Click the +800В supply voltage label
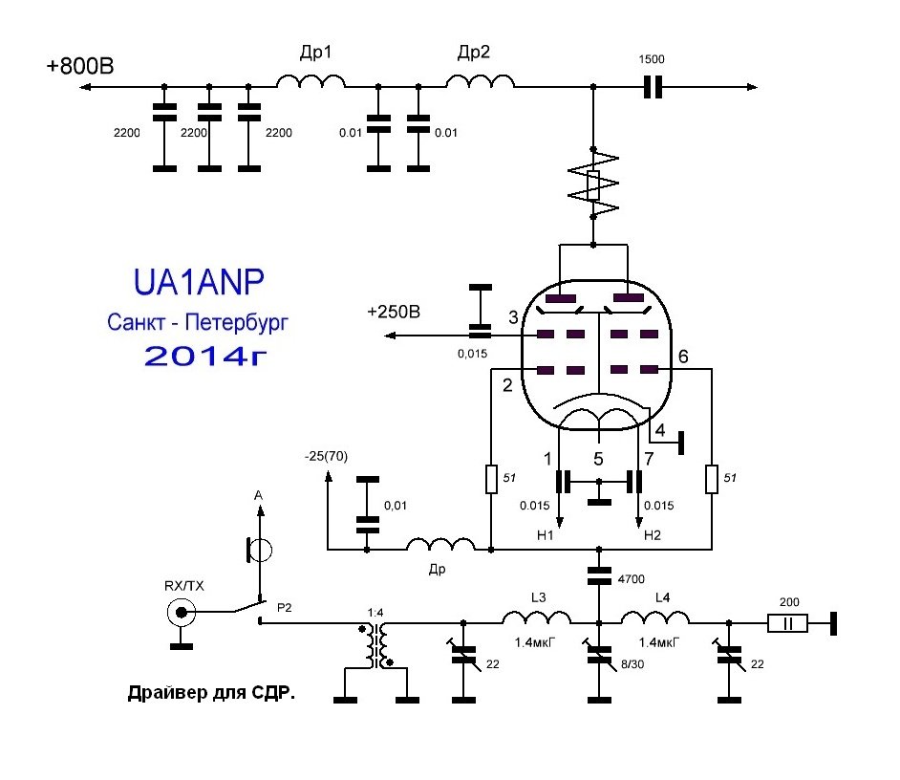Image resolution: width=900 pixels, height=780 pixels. pos(79,68)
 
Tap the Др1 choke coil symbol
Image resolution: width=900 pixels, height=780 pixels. pos(311,85)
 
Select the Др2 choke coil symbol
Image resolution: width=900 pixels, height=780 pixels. pos(480,85)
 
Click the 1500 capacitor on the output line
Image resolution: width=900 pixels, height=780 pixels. pos(654,88)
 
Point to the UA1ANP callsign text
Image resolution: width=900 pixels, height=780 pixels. pos(198,284)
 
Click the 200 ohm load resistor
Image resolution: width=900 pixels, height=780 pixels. pos(788,624)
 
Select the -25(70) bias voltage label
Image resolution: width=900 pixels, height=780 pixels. pos(327,456)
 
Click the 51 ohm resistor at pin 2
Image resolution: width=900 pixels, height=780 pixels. pos(490,479)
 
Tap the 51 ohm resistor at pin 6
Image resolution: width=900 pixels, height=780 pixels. pos(712,479)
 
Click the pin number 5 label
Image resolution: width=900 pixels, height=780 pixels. pos(599,460)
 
